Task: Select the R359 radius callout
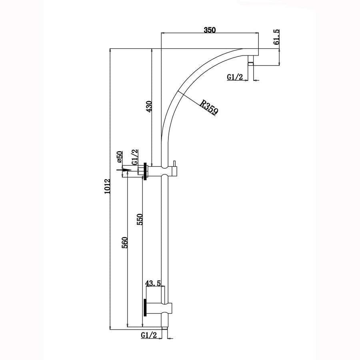point(209,108)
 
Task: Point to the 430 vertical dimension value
point(149,107)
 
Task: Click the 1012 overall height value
point(106,187)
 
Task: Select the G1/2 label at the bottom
point(148,336)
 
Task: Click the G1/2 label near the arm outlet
point(235,77)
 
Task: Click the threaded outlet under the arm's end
point(251,60)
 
